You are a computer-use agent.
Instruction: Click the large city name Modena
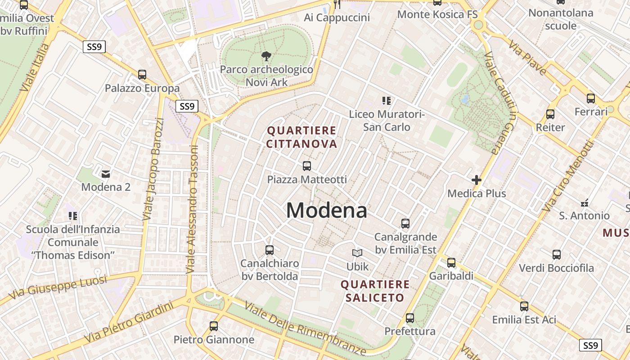pyautogui.click(x=326, y=211)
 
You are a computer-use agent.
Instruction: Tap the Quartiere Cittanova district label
pyautogui.click(x=301, y=137)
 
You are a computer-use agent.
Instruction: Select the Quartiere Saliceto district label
pyautogui.click(x=375, y=291)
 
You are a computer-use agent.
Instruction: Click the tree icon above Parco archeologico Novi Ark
pyautogui.click(x=266, y=56)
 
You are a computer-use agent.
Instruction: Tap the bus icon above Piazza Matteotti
pyautogui.click(x=307, y=166)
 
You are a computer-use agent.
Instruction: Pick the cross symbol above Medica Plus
pyautogui.click(x=477, y=180)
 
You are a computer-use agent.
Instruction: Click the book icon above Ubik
pyautogui.click(x=357, y=253)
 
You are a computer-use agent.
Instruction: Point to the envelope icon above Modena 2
pyautogui.click(x=106, y=174)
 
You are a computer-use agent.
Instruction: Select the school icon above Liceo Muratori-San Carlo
pyautogui.click(x=387, y=101)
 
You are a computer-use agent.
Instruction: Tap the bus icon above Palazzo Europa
pyautogui.click(x=142, y=75)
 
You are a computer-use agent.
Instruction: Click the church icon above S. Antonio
pyautogui.click(x=585, y=202)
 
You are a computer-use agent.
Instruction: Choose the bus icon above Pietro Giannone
pyautogui.click(x=214, y=326)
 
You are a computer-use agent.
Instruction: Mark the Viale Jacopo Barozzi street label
pyautogui.click(x=153, y=169)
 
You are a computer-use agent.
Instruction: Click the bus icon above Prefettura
pyautogui.click(x=410, y=318)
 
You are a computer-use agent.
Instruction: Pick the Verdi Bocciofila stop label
pyautogui.click(x=556, y=268)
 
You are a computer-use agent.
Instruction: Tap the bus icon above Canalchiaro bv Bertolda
pyautogui.click(x=270, y=250)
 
